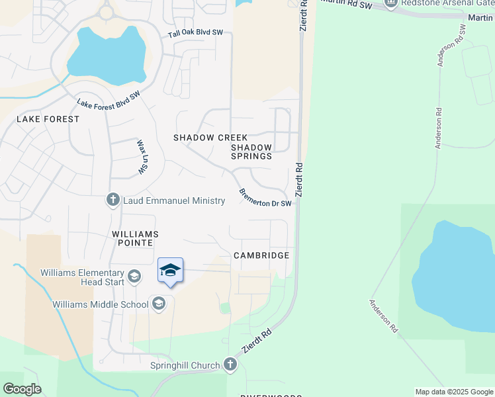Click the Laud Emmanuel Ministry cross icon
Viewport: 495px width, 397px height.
click(x=113, y=199)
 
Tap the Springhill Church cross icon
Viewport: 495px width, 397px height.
click(x=230, y=365)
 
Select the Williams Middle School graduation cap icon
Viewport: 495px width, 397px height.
click(x=158, y=304)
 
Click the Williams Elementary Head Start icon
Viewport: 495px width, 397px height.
click(x=134, y=276)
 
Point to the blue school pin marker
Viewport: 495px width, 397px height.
click(x=170, y=271)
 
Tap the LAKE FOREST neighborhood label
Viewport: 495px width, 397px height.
click(x=48, y=119)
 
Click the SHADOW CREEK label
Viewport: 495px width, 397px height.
click(x=202, y=138)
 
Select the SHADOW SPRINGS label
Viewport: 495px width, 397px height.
click(x=251, y=152)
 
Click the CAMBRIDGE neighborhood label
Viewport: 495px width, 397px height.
click(x=261, y=255)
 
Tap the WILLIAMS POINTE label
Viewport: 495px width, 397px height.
click(x=135, y=239)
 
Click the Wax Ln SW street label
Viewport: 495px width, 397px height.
click(x=142, y=157)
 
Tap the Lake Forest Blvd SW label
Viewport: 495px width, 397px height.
click(x=109, y=100)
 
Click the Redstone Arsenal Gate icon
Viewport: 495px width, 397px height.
click(x=390, y=3)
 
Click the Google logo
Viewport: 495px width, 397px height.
click(x=22, y=389)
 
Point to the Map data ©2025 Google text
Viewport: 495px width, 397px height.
click(x=453, y=392)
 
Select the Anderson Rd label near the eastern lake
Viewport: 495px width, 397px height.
click(x=383, y=316)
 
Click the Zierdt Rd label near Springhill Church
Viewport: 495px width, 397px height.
click(x=257, y=342)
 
